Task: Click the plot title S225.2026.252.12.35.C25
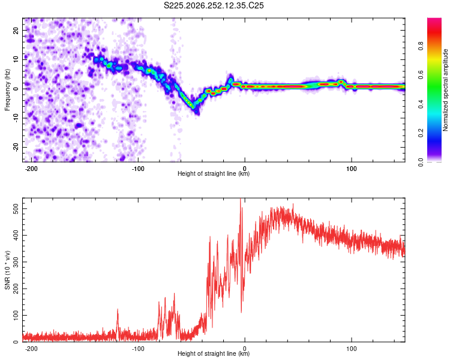point(214,5)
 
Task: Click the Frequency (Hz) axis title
point(7,90)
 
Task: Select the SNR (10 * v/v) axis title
point(7,270)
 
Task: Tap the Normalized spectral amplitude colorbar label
point(445,90)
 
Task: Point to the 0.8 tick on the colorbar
point(421,46)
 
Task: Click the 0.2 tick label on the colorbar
point(421,133)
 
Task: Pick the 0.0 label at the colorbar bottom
point(421,162)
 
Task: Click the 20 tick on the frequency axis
point(16,31)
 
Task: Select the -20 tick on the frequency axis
point(16,147)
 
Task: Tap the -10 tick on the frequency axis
point(16,118)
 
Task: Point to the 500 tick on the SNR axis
point(16,209)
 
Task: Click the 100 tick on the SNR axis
point(16,315)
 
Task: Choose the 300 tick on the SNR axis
point(16,262)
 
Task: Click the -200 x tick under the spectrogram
point(31,169)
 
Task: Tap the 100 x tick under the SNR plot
point(351,349)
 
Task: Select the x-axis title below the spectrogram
point(214,173)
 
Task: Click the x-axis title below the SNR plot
point(214,353)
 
